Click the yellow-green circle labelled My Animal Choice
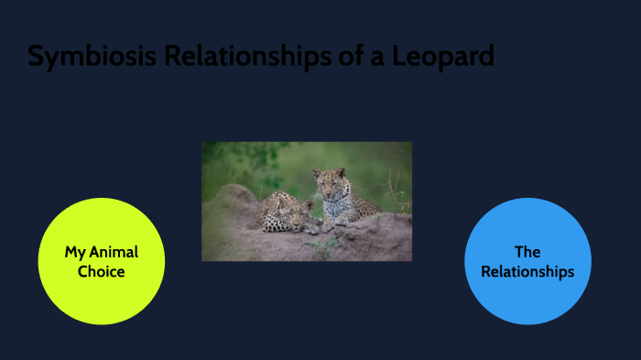click(x=101, y=261)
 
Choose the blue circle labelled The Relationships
click(x=527, y=261)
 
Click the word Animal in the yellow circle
click(x=114, y=252)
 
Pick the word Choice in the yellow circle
click(x=101, y=272)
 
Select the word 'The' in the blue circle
click(x=527, y=252)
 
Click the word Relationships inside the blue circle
click(x=527, y=272)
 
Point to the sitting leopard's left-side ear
click(x=316, y=172)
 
